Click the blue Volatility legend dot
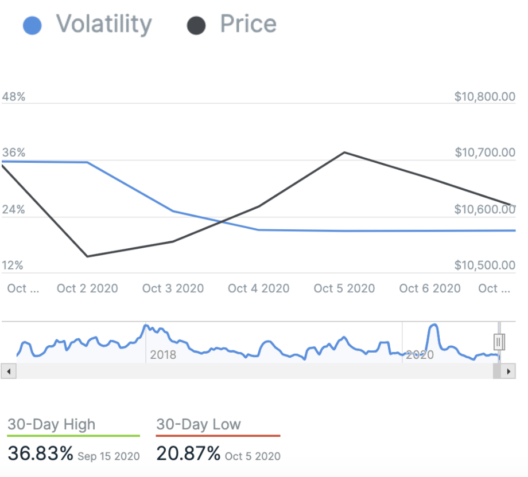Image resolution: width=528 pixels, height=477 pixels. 32,26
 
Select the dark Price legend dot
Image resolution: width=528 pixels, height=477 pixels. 197,26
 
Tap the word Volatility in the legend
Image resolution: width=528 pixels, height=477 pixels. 104,25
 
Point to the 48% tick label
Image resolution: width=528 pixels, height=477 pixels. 14,97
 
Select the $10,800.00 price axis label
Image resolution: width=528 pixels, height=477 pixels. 485,97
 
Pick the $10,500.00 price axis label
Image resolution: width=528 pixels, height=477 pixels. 485,265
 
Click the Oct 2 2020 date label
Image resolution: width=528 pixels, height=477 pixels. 87,288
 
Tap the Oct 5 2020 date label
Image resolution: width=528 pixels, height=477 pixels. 344,288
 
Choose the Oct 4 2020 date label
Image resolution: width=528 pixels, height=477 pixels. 259,288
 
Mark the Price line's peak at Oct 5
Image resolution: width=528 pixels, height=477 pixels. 344,153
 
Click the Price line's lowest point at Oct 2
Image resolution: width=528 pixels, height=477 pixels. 87,256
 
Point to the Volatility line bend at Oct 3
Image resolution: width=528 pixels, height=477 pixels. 173,211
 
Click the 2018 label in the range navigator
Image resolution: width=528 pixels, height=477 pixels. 163,355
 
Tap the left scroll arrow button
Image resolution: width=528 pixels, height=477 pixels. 9,372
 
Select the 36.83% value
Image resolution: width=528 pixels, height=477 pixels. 40,454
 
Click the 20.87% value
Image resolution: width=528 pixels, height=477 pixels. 189,454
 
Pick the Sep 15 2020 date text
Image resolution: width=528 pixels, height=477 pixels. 108,456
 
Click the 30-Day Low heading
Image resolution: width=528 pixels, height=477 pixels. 199,425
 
